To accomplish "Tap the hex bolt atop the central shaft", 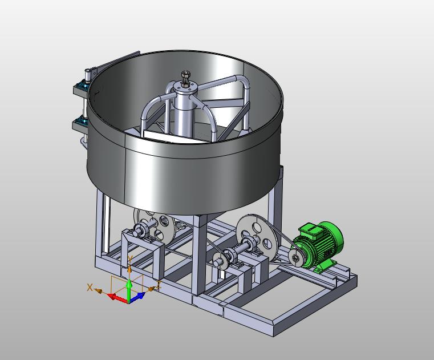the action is click(185, 75).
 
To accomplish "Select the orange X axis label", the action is click(90, 288).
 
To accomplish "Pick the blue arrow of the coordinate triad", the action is click(137, 297).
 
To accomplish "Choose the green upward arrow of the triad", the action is click(129, 290).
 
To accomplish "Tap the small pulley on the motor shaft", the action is click(295, 258).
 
